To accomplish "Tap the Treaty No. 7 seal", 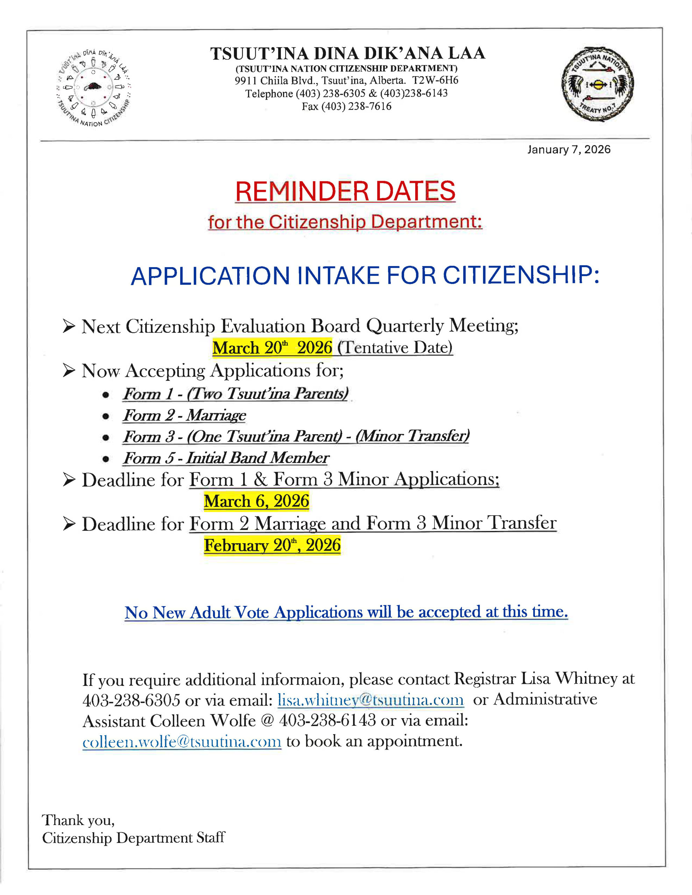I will (598, 84).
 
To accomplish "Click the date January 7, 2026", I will (569, 150).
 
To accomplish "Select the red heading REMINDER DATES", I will (345, 191).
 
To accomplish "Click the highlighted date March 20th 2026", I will (272, 348).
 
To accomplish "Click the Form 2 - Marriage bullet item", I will (185, 415).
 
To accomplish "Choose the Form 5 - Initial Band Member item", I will (226, 458).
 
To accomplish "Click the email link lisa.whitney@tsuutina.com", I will (370, 700).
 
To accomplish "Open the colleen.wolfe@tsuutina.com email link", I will (182, 741).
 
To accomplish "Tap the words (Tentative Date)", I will (395, 348).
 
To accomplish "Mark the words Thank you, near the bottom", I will (78, 820).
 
